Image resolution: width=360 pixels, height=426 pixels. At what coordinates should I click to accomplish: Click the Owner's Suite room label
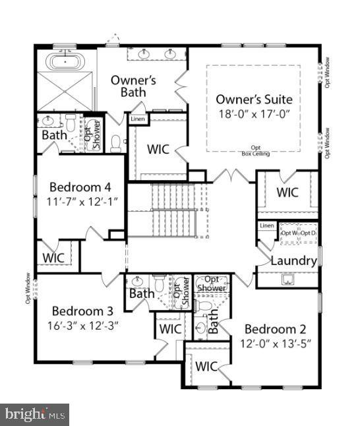click(x=254, y=100)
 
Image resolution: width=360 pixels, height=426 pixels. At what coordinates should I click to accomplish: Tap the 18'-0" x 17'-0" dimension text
click(x=254, y=113)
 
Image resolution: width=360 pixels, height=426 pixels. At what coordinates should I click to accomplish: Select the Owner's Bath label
click(x=133, y=86)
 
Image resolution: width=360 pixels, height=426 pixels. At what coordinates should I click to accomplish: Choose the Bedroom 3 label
click(x=83, y=311)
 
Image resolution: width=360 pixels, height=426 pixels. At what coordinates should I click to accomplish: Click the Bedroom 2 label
click(x=276, y=329)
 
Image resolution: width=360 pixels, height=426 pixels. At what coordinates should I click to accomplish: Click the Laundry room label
click(x=294, y=260)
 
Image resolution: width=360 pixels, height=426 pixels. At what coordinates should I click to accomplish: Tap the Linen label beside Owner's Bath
click(x=137, y=119)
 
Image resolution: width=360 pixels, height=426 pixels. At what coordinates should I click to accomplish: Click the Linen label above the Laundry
click(x=266, y=226)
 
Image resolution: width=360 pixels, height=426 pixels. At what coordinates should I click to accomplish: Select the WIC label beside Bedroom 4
click(x=54, y=257)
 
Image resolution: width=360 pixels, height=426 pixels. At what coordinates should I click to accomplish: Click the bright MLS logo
click(x=35, y=415)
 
